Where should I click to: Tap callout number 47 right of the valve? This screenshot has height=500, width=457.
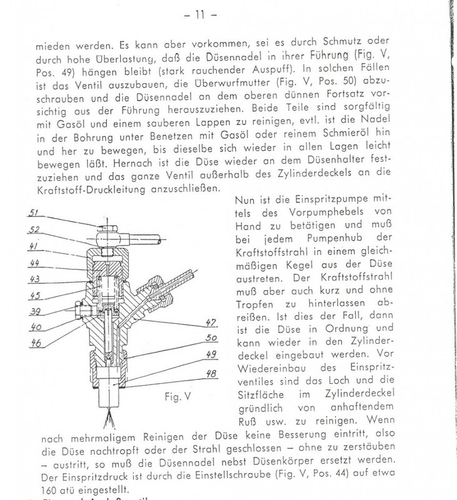211,322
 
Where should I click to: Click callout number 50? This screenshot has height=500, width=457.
211,338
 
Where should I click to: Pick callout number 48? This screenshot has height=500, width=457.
211,376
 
